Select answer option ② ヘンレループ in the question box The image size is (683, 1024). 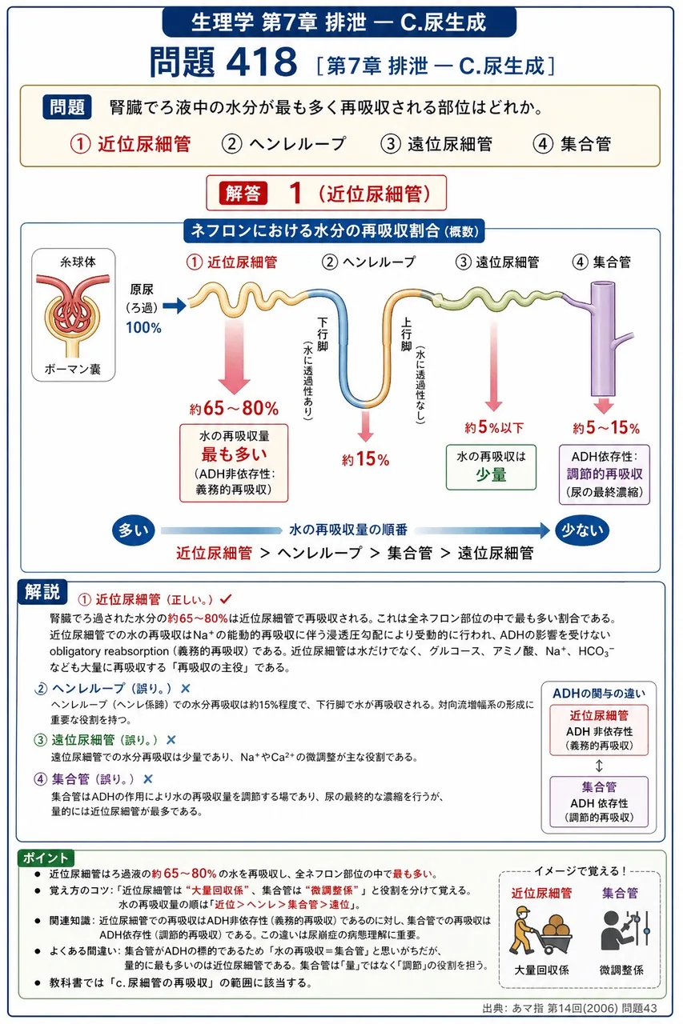click(283, 144)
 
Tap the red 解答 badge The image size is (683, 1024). click(243, 194)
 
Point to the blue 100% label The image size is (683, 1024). click(143, 327)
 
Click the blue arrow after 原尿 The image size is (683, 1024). click(175, 306)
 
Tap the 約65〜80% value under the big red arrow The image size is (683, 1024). click(234, 408)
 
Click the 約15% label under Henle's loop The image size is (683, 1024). click(365, 459)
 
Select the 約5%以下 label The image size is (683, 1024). click(494, 427)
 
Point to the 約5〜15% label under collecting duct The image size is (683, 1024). click(606, 428)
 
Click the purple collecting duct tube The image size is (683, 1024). click(604, 338)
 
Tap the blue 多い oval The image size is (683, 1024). click(134, 530)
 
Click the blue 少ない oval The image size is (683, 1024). click(582, 530)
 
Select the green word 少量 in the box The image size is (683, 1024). click(491, 474)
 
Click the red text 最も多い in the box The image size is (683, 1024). click(234, 454)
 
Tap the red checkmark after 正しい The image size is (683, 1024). click(226, 598)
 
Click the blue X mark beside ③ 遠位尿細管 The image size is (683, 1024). click(171, 740)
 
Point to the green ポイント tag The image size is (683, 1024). click(46, 858)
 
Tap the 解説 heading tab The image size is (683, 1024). click(42, 591)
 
